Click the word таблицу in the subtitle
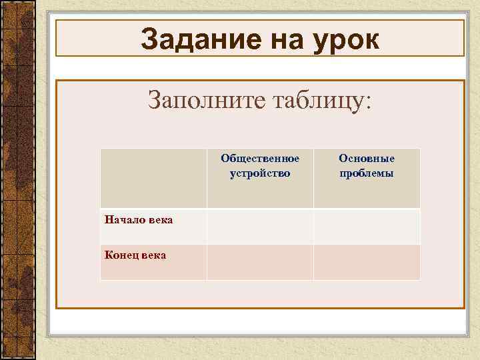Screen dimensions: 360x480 point(313,101)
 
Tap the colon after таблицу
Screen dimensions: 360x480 point(370,103)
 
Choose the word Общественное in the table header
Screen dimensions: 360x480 point(260,159)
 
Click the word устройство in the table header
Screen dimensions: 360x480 point(260,173)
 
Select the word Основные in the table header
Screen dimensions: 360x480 point(367,159)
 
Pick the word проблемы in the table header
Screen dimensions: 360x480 point(367,174)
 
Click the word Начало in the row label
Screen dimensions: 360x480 point(122,219)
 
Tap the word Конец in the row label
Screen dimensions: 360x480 point(120,255)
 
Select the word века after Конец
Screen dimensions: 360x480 point(153,255)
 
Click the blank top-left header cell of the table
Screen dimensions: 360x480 point(153,178)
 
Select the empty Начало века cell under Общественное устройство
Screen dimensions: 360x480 point(260,226)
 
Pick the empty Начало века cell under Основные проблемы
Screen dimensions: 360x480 point(367,226)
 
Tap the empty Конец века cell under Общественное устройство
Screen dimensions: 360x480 point(260,262)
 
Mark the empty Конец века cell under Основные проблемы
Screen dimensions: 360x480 point(367,262)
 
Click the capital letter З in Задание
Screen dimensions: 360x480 point(149,40)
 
